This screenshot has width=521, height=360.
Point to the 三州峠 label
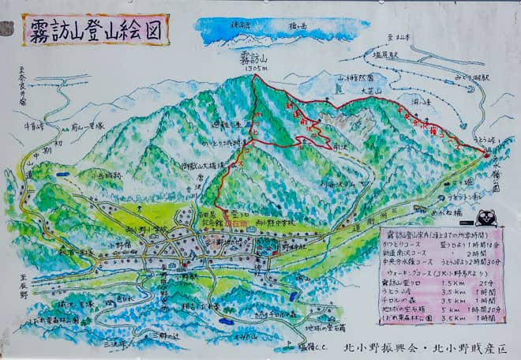[115, 344]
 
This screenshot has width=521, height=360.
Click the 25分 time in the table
[478, 282]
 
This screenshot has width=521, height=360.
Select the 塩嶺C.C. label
[309, 345]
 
